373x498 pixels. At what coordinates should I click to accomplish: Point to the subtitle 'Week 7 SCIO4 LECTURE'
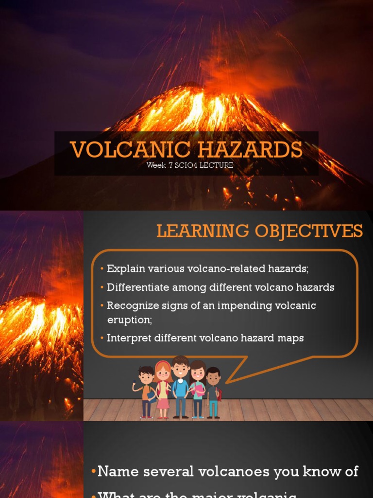click(190, 165)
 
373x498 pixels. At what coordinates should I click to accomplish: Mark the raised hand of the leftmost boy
click(135, 384)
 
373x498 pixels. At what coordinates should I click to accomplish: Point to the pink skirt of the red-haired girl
click(163, 402)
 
